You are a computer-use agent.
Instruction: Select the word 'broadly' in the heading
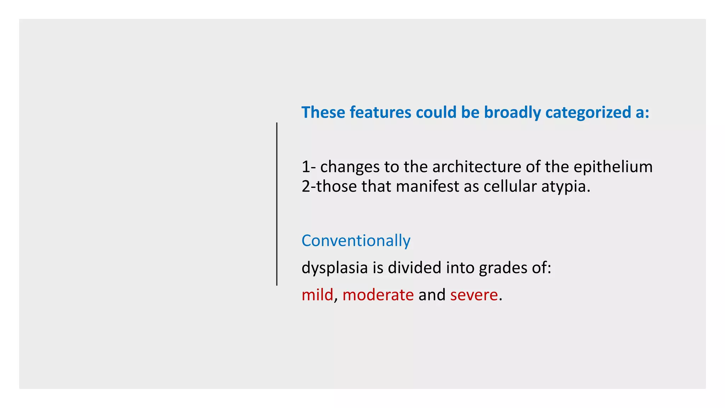pos(512,113)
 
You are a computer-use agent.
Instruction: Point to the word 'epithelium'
pos(613,167)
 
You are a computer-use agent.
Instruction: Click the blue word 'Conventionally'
pos(356,241)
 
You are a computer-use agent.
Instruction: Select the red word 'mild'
pos(317,295)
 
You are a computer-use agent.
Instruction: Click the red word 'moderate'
pos(378,295)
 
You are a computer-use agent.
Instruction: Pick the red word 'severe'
pos(474,295)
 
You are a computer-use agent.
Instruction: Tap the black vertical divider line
pos(277,204)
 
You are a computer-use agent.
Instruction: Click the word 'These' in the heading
pos(323,112)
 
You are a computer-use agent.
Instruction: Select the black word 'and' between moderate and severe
pos(432,295)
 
